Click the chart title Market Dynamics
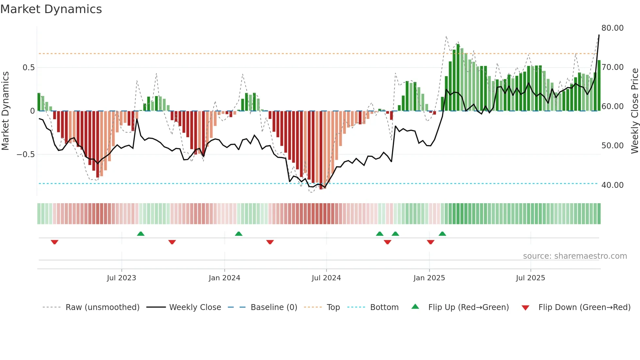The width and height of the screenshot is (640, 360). (51, 9)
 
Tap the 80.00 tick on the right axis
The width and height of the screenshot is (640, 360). (612, 28)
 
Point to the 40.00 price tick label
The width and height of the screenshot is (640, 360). (612, 185)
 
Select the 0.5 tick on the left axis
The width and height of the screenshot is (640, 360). (28, 68)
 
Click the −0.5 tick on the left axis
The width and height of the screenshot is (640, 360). (26, 155)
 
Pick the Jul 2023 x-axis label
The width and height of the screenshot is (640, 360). (121, 278)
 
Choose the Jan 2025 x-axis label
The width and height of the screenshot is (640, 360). (429, 278)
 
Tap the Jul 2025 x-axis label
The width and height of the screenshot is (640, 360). (530, 278)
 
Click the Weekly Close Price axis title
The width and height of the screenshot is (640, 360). (634, 111)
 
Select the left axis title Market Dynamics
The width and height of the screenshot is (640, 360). (5, 111)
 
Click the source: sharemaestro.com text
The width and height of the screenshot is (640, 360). (575, 256)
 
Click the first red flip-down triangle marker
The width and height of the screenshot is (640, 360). (55, 242)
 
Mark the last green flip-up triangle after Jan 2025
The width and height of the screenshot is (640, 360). (442, 234)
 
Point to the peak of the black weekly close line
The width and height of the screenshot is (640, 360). (599, 35)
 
